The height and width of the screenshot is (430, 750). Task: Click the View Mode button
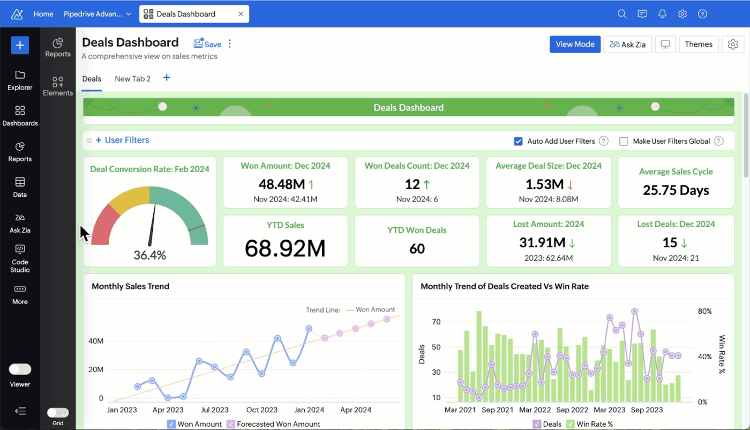(575, 45)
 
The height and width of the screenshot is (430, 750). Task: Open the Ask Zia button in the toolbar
(627, 45)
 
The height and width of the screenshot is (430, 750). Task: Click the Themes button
(698, 45)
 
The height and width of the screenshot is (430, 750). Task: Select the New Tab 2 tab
(132, 79)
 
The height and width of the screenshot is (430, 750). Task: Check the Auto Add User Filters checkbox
(518, 142)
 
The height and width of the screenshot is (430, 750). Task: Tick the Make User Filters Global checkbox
(624, 142)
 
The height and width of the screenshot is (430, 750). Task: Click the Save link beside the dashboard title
(207, 44)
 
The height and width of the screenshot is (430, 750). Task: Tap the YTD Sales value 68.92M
(285, 248)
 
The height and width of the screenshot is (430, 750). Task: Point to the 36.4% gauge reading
(149, 255)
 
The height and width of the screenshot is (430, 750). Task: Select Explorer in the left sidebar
(20, 80)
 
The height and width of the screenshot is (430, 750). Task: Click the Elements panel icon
(58, 86)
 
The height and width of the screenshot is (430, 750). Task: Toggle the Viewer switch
(20, 369)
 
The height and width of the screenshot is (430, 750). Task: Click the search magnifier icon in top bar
(622, 14)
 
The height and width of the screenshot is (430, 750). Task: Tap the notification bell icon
(662, 14)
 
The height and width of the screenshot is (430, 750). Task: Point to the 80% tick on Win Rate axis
(704, 311)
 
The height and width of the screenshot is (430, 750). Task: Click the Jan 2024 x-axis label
(309, 410)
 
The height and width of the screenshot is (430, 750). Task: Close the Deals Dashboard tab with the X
(241, 14)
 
